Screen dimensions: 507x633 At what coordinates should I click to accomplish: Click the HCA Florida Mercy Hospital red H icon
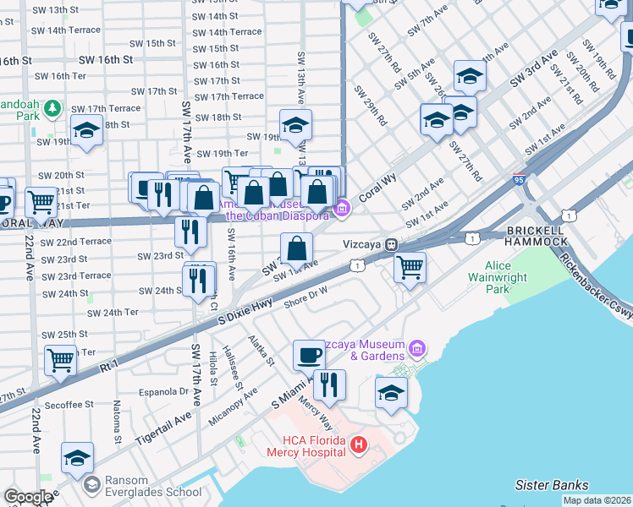pos(359,444)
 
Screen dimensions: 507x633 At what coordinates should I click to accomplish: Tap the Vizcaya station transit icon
pos(392,245)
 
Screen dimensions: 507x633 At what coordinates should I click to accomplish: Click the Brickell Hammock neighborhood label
pos(537,236)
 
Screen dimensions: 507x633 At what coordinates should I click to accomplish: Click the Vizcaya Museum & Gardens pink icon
pos(416,348)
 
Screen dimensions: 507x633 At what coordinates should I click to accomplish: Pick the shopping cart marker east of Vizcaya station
pos(410,267)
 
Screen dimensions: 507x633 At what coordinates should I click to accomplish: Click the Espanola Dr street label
pos(165,391)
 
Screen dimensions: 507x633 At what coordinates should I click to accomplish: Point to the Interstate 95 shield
pos(519,180)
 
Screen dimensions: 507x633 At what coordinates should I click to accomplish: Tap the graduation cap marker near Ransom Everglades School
pos(77,458)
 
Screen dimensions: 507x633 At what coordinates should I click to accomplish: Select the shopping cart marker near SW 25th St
pos(61,359)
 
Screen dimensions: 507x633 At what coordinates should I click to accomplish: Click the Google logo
pos(28,497)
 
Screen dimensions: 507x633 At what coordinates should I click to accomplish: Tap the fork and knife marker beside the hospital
pos(329,384)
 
